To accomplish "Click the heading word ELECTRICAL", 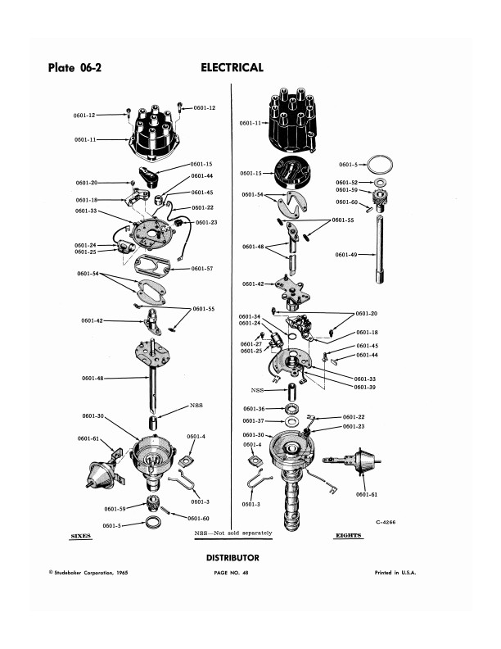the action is click(x=232, y=67).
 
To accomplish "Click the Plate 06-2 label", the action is click(x=74, y=67).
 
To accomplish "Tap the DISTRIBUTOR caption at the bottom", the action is click(x=232, y=557).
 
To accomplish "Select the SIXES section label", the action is click(x=80, y=536).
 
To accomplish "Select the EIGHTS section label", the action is click(x=349, y=535).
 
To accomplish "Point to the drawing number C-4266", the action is click(x=386, y=522).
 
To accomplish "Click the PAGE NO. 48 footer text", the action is click(x=231, y=573).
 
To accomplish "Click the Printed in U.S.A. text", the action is click(x=395, y=573).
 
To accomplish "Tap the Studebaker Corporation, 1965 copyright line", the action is click(x=88, y=573).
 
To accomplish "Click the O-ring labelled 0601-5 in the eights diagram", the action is click(x=380, y=157).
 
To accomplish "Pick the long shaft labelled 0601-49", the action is click(x=380, y=249).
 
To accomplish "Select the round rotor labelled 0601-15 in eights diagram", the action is click(x=292, y=172).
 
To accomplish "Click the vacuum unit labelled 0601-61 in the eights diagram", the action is click(x=354, y=461).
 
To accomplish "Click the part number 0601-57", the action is click(x=202, y=269).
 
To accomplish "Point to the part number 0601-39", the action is click(x=365, y=388).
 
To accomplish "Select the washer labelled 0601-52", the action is click(x=378, y=182).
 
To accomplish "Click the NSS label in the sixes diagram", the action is click(x=196, y=405).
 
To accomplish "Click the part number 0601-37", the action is click(x=254, y=421).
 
